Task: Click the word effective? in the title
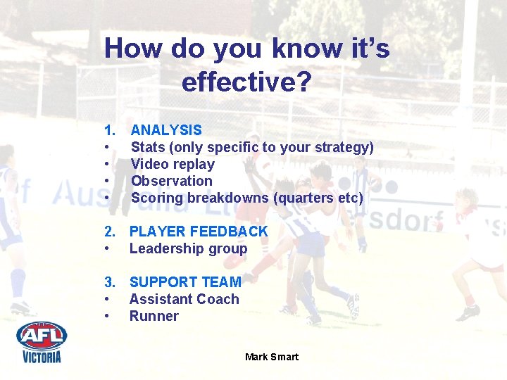point(246,82)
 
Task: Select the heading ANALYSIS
point(166,130)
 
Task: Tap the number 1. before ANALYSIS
point(110,130)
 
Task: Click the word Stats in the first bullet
point(148,147)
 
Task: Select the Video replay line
point(173,164)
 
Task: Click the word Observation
point(171,181)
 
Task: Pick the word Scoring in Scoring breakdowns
point(156,198)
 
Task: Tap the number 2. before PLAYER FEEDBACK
point(110,232)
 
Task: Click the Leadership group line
point(188,248)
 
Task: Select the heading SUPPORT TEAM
point(185,282)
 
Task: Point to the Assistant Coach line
point(184,299)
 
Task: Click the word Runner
point(154,316)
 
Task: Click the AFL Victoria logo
point(42,341)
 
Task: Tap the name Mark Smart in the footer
point(272,357)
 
